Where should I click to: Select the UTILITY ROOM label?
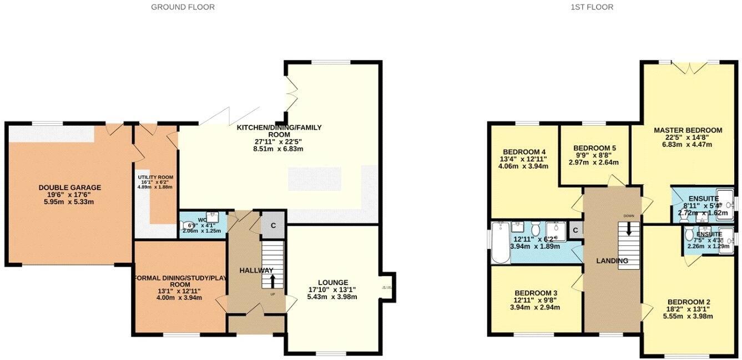click(156, 178)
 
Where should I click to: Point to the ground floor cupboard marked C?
click(272, 225)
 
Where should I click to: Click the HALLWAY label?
click(256, 270)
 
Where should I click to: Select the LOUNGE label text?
click(333, 282)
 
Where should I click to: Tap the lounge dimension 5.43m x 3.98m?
click(333, 297)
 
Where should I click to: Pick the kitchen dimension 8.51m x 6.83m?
click(279, 149)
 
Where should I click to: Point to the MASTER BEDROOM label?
click(688, 130)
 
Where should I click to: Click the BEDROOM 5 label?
click(594, 148)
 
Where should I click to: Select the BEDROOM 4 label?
click(523, 151)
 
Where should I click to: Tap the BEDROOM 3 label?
click(536, 293)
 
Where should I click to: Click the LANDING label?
click(612, 261)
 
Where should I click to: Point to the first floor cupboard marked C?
click(576, 230)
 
